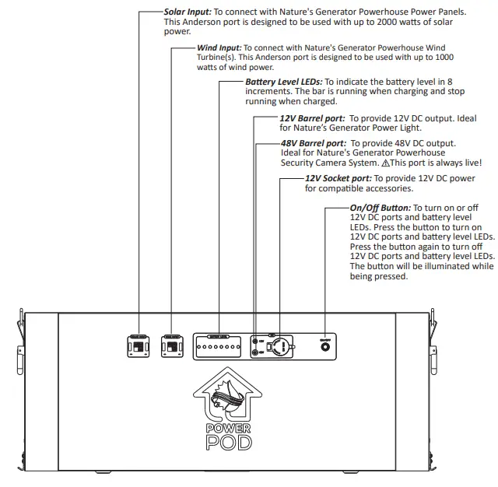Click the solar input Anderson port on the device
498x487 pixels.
138,345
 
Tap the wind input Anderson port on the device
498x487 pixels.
170,345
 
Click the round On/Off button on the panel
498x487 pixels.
324,346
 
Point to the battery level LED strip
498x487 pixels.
219,345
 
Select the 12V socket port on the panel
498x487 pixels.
280,345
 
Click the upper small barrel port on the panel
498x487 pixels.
257,339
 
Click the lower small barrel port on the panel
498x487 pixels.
257,352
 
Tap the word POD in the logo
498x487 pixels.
229,443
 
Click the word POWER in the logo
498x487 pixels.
229,427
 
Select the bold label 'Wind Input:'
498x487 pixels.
219,48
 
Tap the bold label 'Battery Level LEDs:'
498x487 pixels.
283,82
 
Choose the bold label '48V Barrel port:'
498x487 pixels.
314,144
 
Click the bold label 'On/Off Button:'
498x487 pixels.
380,208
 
